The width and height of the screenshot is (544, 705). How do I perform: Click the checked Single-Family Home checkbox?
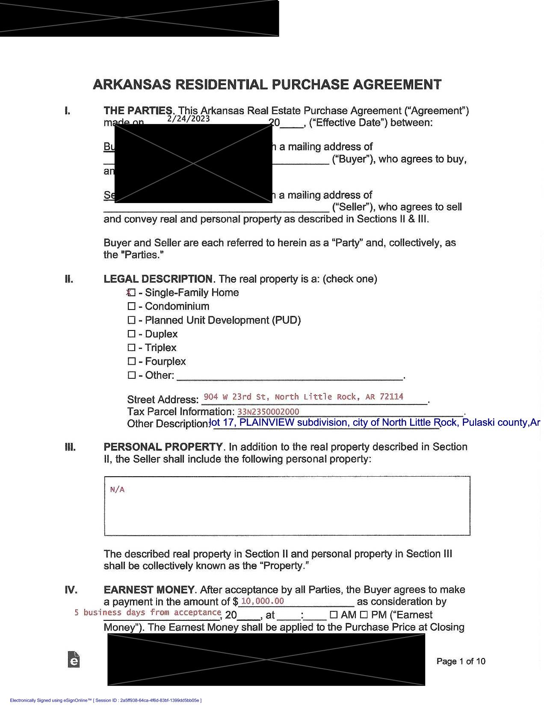[x=132, y=293]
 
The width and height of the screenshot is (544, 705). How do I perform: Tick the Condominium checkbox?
[x=132, y=307]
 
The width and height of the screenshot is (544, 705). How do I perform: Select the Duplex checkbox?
[x=132, y=334]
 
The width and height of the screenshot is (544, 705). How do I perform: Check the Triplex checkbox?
[x=132, y=348]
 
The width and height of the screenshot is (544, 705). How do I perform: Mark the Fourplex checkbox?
[x=132, y=362]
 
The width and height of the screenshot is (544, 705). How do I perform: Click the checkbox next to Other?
[x=132, y=375]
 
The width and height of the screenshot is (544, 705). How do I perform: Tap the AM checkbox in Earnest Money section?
[x=334, y=615]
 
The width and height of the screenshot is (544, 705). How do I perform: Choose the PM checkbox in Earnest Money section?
[x=364, y=615]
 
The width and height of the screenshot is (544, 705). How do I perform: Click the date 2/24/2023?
[x=189, y=118]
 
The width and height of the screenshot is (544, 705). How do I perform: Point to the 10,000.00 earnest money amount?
[x=262, y=601]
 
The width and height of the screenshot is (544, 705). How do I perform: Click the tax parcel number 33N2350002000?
[x=268, y=412]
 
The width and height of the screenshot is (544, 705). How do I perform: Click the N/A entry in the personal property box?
[x=117, y=490]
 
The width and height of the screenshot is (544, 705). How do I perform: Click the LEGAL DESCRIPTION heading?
[x=158, y=279]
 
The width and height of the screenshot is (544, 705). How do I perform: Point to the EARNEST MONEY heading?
[x=149, y=590]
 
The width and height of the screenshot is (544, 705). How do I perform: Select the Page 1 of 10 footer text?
[x=461, y=661]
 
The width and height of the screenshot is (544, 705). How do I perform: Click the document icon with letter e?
[x=74, y=659]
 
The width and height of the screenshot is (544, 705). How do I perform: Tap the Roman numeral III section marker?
[x=70, y=447]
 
